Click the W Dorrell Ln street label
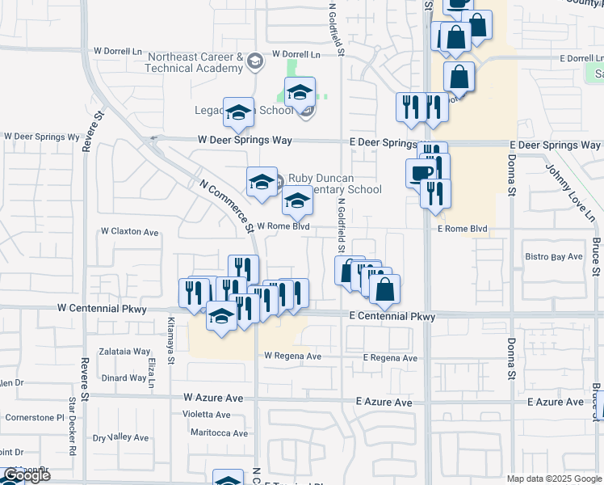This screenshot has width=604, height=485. [x=118, y=51]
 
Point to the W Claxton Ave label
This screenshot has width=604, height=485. [x=129, y=231]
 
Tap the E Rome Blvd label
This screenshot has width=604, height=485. [x=463, y=229]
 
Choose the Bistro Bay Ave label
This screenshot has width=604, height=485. [x=554, y=256]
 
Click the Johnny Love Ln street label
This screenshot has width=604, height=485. [x=568, y=191]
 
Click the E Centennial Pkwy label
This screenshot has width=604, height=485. [x=392, y=316]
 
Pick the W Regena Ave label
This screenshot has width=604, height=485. [x=292, y=356]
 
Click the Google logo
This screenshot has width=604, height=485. [x=26, y=475]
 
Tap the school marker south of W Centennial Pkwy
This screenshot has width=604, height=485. [x=220, y=316]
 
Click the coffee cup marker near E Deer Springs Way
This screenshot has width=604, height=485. [x=421, y=173]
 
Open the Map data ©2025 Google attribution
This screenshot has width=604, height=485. [x=554, y=479]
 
